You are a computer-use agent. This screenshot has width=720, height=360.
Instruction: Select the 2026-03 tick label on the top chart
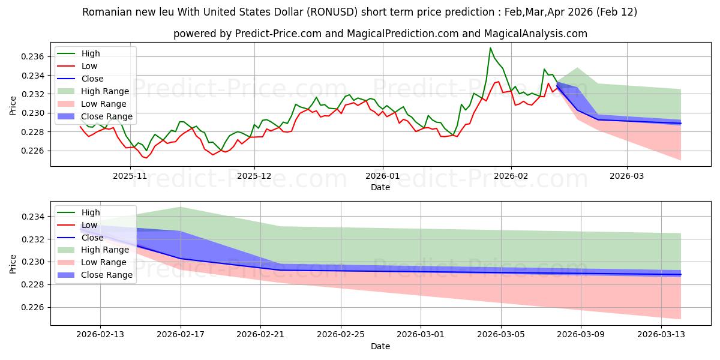click(x=627, y=176)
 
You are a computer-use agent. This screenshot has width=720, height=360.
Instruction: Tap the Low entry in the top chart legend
click(x=89, y=66)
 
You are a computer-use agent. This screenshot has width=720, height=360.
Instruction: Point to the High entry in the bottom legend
click(x=91, y=212)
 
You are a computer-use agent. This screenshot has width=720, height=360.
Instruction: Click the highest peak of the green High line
click(x=490, y=48)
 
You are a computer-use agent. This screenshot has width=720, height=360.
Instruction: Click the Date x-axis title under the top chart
click(x=380, y=187)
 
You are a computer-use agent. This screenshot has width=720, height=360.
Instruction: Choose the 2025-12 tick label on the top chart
click(x=254, y=176)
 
